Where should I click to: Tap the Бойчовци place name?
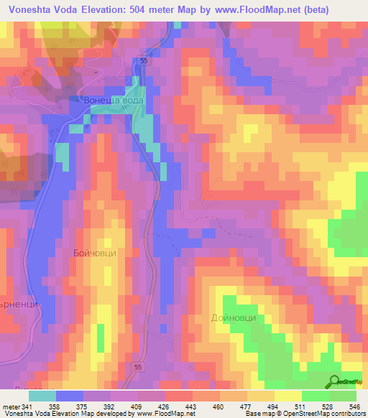[94, 254]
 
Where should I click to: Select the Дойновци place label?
[234, 317]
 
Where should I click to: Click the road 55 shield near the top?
[144, 62]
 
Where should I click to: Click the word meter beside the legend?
[10, 405]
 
